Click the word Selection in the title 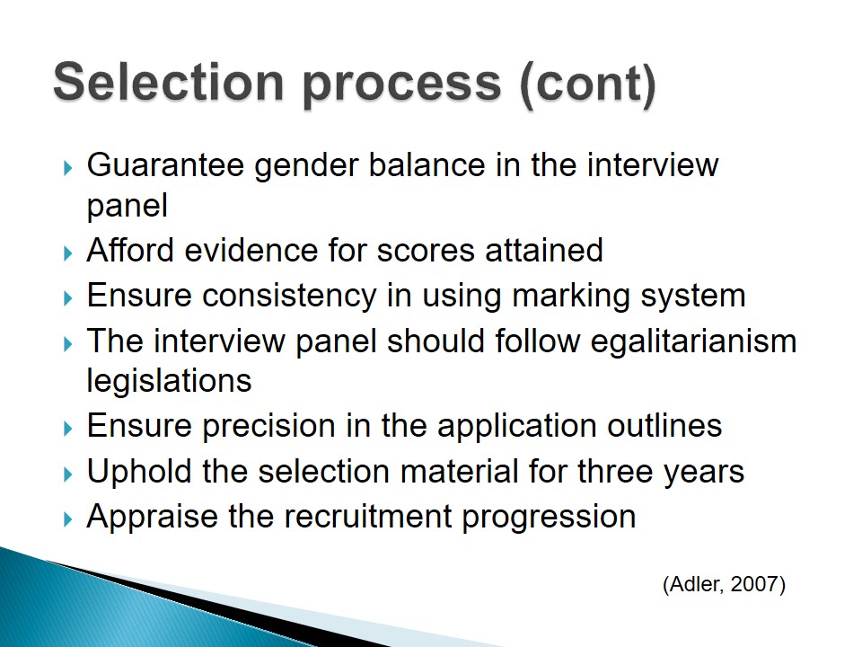(x=168, y=82)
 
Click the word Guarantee (x=165, y=164)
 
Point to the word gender (x=306, y=167)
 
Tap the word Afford (x=129, y=250)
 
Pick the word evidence (x=251, y=250)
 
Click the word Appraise (x=153, y=518)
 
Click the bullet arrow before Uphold (x=68, y=474)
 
